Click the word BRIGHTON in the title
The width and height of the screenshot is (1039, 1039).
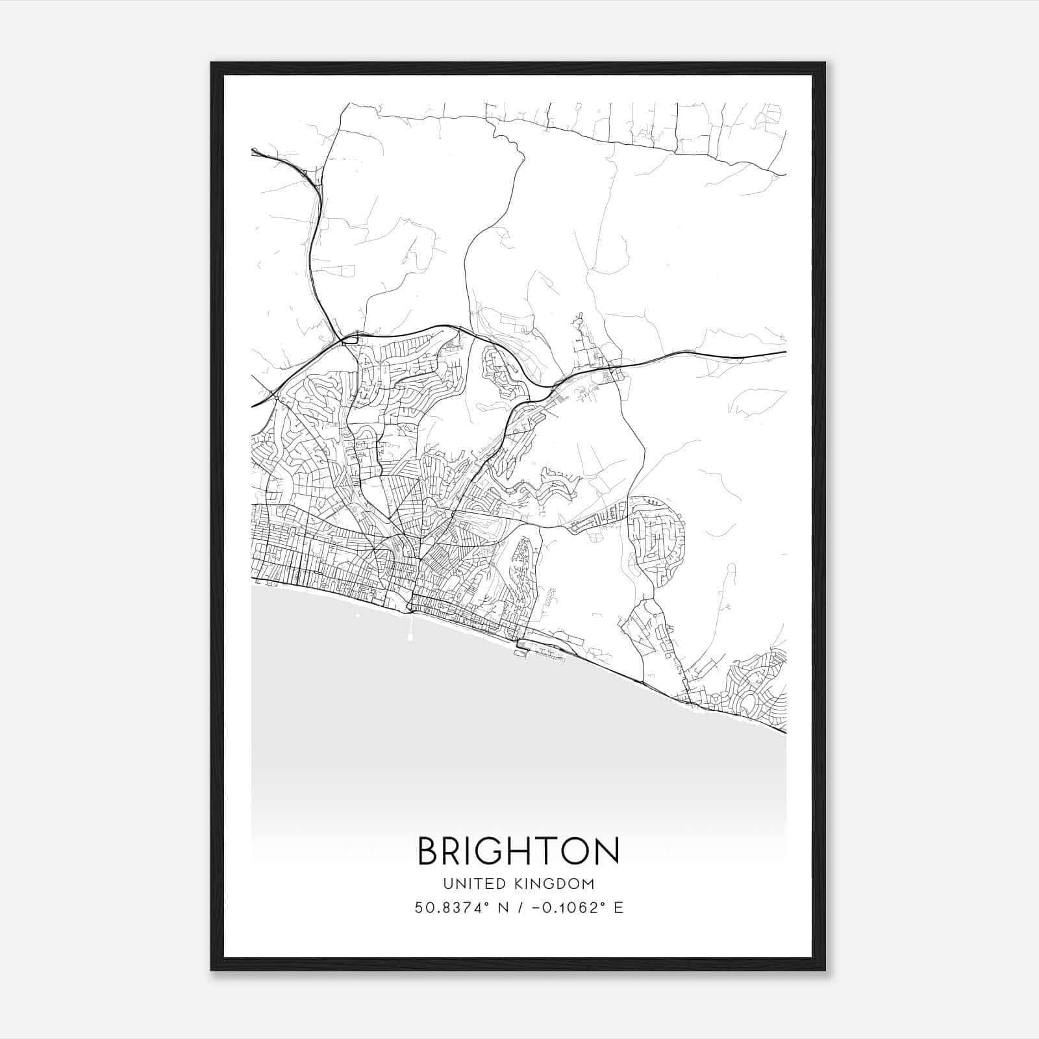(x=518, y=851)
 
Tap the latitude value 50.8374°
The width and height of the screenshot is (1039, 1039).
(x=451, y=908)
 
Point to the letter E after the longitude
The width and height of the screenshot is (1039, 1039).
(x=618, y=908)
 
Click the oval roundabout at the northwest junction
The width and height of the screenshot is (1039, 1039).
(x=350, y=338)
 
